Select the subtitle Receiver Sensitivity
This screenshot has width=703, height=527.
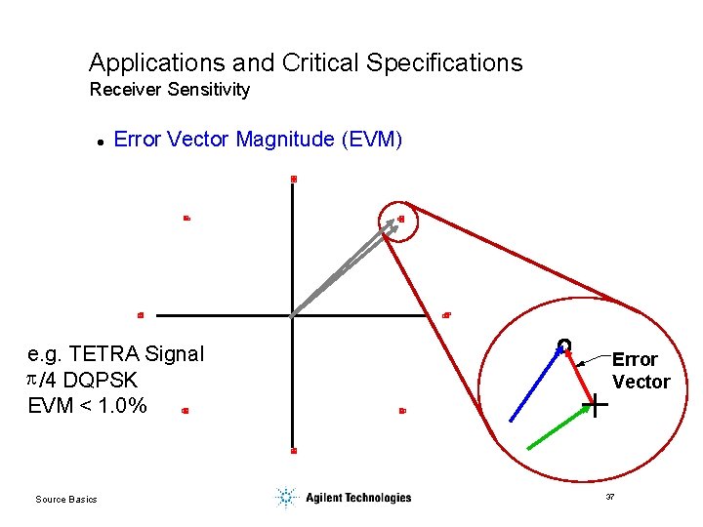click(170, 90)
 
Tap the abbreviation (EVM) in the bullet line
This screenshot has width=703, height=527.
click(371, 140)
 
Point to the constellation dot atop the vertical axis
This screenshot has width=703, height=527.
click(293, 179)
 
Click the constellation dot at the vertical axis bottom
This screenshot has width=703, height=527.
click(293, 451)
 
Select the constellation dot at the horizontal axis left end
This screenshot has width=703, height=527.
click(141, 315)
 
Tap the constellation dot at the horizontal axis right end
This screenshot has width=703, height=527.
click(445, 315)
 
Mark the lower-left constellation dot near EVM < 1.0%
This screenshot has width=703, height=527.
click(185, 412)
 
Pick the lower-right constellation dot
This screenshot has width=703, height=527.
click(402, 411)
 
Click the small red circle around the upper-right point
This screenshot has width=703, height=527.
click(400, 222)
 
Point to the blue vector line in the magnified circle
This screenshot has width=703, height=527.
click(535, 383)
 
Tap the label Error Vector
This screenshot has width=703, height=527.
click(640, 371)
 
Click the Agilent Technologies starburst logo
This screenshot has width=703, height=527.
click(285, 498)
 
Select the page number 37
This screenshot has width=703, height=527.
click(610, 498)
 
